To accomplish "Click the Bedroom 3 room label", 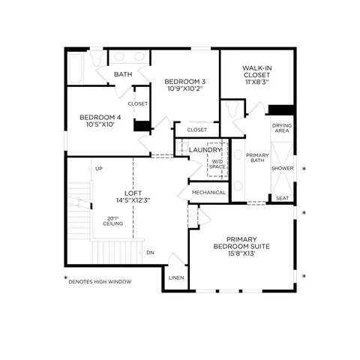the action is (185, 82).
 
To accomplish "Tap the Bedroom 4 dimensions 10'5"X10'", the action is (100, 124).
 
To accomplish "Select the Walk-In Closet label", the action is (256, 71).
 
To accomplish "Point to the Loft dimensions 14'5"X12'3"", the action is (133, 200).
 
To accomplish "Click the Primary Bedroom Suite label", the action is (241, 243).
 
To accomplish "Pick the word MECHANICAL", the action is (208, 193).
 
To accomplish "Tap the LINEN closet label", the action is (176, 277).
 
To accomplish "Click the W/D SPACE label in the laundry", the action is (217, 164).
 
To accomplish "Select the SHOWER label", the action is (283, 168).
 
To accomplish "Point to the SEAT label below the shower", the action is (282, 198).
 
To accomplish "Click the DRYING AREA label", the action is (282, 128).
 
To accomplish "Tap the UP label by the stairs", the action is (99, 169).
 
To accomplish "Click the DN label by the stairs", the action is (150, 253).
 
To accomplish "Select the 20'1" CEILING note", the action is (113, 221).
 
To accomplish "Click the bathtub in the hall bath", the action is (75, 68).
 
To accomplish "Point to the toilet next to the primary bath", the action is (232, 109).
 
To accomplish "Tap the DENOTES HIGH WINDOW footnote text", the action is (100, 282).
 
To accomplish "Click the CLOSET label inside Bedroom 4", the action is (138, 103).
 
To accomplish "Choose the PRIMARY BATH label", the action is (257, 157).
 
